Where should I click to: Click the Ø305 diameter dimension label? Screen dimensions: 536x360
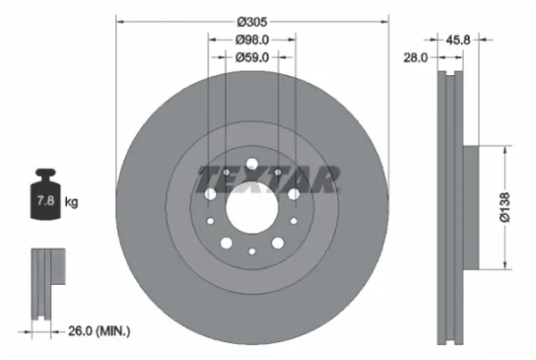pyautogui.click(x=252, y=21)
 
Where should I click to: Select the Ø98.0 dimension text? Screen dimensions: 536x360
pyautogui.click(x=252, y=40)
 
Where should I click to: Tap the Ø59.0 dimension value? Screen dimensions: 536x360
pyautogui.click(x=252, y=57)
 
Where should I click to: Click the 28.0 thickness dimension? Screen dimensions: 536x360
pyautogui.click(x=415, y=58)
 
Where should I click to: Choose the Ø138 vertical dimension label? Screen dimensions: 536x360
pyautogui.click(x=505, y=207)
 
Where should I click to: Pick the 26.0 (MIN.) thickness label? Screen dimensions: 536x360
pyautogui.click(x=99, y=331)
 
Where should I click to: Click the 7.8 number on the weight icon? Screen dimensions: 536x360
pyautogui.click(x=46, y=200)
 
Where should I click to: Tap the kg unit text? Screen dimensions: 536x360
pyautogui.click(x=71, y=202)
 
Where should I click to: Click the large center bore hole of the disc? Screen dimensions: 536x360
pyautogui.click(x=252, y=208)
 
